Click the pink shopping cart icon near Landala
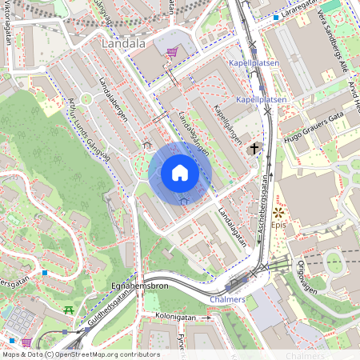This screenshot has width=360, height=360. click(x=171, y=52)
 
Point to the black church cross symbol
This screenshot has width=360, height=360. click(x=255, y=148)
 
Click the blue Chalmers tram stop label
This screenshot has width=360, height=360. click(x=230, y=298)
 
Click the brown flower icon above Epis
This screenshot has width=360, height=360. click(x=278, y=213)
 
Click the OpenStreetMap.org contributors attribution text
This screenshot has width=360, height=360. click(x=104, y=354)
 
